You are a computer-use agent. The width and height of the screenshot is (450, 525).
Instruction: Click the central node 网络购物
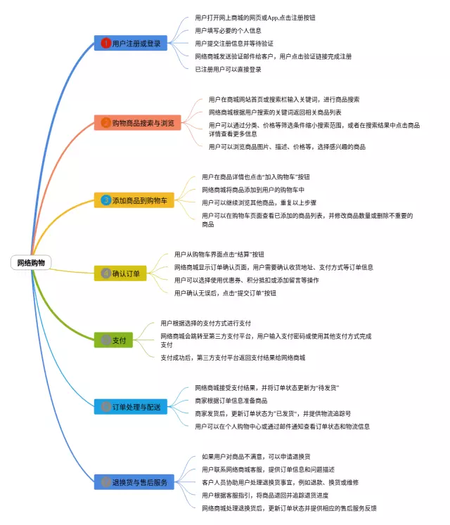(32, 262)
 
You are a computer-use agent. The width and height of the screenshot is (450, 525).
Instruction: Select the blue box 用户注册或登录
(131, 43)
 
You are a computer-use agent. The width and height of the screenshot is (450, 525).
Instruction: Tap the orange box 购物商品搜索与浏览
(138, 123)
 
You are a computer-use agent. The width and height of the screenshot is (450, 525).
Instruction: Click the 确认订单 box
(120, 273)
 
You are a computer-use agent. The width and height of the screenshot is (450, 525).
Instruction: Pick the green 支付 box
(113, 340)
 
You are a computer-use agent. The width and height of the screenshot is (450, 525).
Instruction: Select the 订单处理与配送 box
(131, 406)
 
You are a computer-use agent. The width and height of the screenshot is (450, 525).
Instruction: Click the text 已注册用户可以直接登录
(228, 69)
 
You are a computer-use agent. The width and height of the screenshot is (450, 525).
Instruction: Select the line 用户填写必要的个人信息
(228, 30)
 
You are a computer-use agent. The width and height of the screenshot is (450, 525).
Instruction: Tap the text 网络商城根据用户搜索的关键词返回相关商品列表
(275, 112)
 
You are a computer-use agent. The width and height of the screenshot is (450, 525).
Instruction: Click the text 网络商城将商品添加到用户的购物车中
(253, 189)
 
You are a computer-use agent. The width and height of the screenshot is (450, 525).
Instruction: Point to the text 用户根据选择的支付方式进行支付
(205, 323)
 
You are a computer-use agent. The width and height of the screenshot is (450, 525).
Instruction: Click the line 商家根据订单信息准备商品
(232, 400)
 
